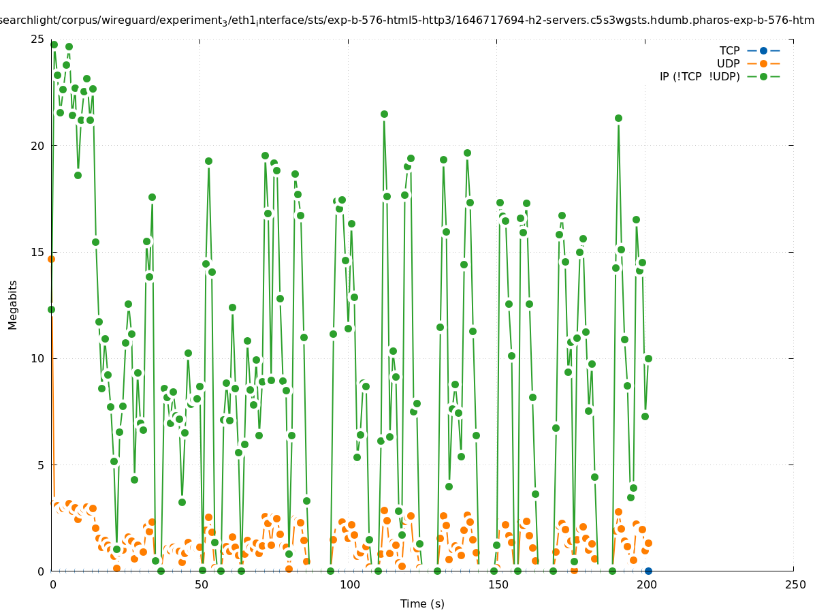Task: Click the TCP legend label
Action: tap(729, 50)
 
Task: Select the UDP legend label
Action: tap(728, 63)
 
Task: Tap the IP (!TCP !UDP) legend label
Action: tap(699, 76)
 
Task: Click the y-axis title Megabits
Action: tap(13, 304)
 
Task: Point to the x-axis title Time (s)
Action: tap(422, 603)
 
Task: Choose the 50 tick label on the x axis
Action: tap(201, 585)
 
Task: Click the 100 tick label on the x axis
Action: tap(349, 585)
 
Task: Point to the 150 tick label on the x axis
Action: tap(498, 585)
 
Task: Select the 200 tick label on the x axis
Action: tap(646, 585)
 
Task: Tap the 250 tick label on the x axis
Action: tap(794, 585)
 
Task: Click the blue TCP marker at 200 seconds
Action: tap(648, 571)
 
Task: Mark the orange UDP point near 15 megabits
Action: tap(51, 259)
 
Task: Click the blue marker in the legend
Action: tap(763, 50)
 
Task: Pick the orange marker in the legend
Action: tap(763, 63)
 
